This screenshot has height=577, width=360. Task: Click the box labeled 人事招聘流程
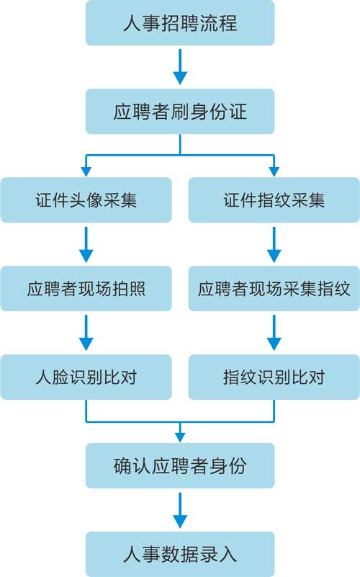(x=180, y=23)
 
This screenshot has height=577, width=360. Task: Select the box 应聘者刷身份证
(x=180, y=111)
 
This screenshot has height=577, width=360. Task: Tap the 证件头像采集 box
(x=86, y=200)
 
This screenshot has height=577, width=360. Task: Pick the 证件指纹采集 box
(x=274, y=200)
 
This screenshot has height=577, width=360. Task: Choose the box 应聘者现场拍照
(x=86, y=288)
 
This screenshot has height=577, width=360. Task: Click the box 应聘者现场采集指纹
(x=274, y=288)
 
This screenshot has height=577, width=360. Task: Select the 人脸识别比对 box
(x=86, y=377)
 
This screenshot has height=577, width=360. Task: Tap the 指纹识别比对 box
(x=274, y=377)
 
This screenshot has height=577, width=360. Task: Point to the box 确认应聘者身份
(x=180, y=465)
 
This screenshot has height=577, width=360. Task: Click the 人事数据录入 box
(x=180, y=554)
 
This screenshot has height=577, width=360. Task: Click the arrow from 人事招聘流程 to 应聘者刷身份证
(x=180, y=67)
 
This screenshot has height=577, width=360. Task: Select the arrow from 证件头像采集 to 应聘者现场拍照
(x=86, y=244)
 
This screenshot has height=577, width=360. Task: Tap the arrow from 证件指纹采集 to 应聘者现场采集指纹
(x=274, y=244)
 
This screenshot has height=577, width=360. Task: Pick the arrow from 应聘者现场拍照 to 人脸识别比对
(x=86, y=333)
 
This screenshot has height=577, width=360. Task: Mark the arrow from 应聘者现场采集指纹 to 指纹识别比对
(x=274, y=333)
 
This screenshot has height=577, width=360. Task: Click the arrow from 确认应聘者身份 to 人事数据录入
(x=180, y=511)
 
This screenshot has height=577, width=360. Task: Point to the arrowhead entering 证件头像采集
(x=86, y=171)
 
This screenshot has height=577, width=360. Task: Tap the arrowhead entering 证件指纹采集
(x=274, y=171)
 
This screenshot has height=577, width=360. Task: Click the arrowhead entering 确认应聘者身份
(x=180, y=437)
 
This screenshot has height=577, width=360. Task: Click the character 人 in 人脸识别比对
(x=43, y=377)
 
